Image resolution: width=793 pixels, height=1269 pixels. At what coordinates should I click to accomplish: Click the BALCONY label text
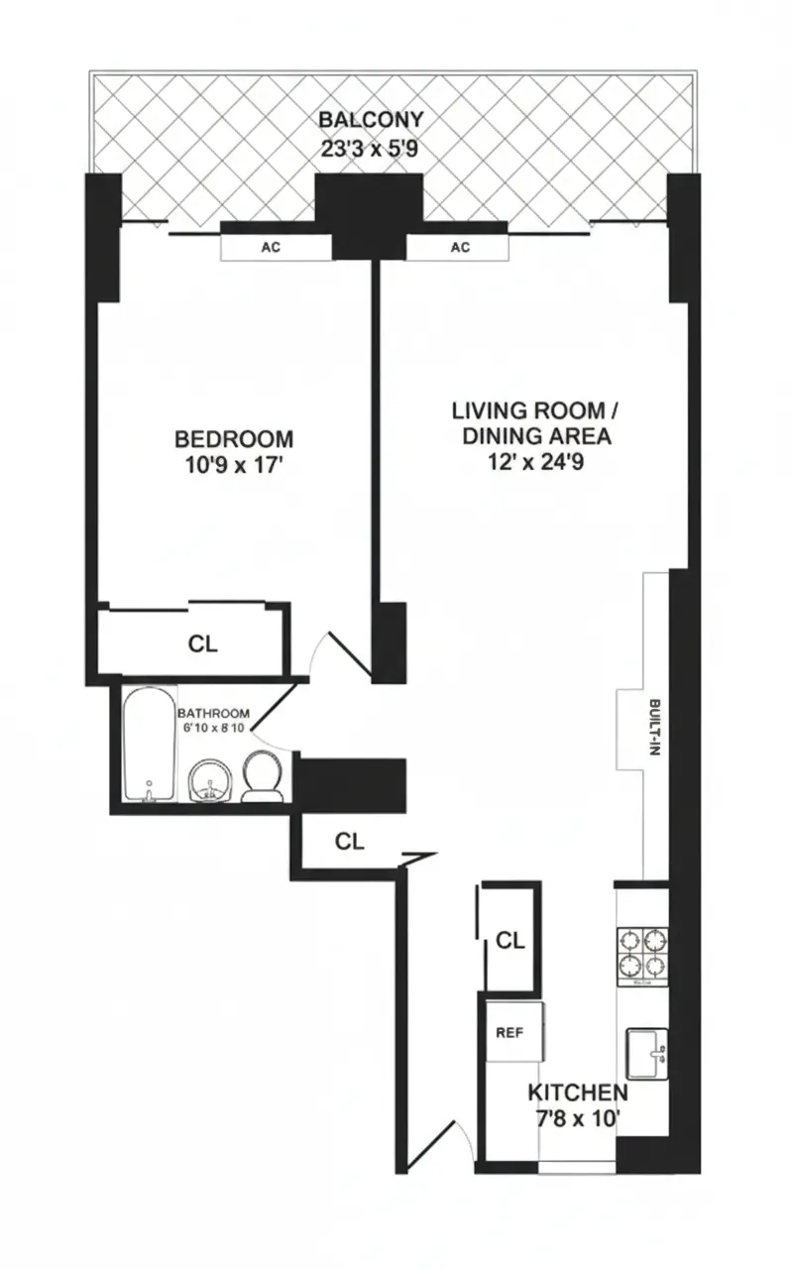coord(371,120)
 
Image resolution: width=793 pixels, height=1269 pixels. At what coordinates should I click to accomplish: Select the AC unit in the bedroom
coord(271,248)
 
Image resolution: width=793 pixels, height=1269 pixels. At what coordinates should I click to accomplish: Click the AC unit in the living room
coord(460,248)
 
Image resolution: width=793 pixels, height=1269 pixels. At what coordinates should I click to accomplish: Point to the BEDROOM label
coord(234,438)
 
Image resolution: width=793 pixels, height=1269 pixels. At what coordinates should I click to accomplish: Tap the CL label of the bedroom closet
coord(202,643)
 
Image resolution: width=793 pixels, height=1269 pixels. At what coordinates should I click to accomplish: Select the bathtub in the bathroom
coord(149,744)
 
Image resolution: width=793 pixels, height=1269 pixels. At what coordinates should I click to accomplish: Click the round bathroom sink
coord(209,780)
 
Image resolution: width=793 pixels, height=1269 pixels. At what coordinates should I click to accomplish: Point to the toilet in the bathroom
coord(263,774)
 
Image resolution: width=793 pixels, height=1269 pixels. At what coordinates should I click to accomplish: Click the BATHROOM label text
coord(212,713)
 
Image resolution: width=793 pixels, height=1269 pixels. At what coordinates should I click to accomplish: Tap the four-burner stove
coord(641,953)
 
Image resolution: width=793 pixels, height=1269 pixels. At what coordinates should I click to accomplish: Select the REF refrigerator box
coord(510,1031)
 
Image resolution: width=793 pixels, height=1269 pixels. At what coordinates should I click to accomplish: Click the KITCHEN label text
coord(577,1093)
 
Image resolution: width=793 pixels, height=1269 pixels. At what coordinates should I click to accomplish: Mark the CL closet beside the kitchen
coord(510,941)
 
